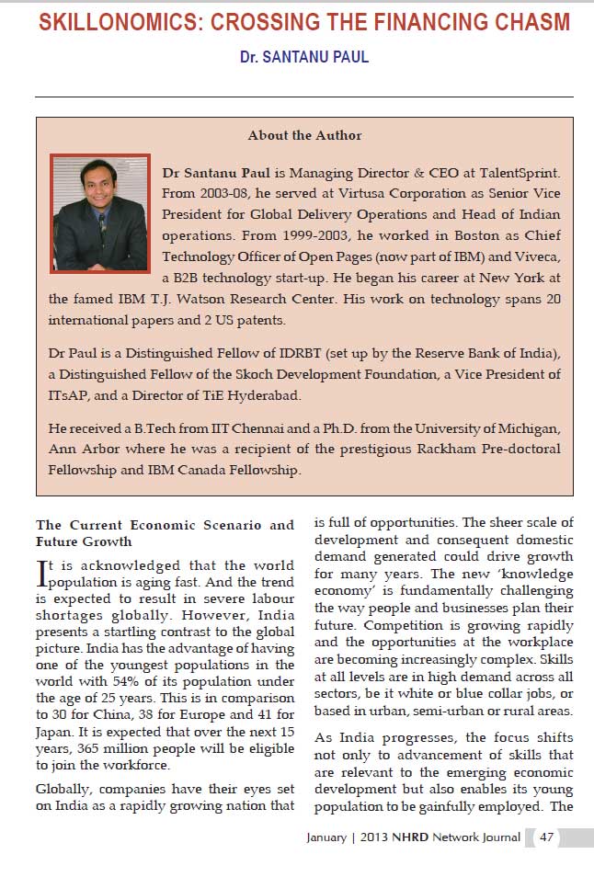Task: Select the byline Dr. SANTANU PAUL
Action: (304, 57)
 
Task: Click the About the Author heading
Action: (304, 135)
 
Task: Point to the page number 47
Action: (547, 837)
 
